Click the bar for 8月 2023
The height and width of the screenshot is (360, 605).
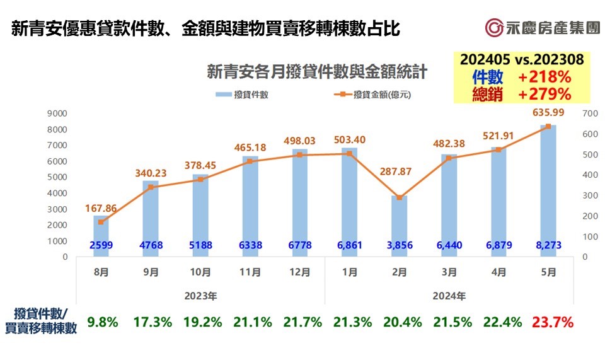point(101,236)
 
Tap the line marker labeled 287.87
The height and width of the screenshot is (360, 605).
point(398,197)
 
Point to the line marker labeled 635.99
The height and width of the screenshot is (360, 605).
point(548,126)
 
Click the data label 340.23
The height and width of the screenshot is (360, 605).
point(150,173)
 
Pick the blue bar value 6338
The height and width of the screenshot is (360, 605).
point(250,244)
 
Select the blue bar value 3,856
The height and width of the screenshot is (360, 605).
point(399,244)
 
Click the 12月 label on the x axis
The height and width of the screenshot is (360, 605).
point(300,272)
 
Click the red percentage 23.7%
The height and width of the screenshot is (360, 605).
point(552,322)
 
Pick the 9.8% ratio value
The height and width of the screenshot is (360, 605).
point(102,322)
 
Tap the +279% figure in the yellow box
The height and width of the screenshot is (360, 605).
point(544,94)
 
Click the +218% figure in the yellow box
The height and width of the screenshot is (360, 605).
point(544,77)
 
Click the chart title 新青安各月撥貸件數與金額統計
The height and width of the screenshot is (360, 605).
point(317,72)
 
